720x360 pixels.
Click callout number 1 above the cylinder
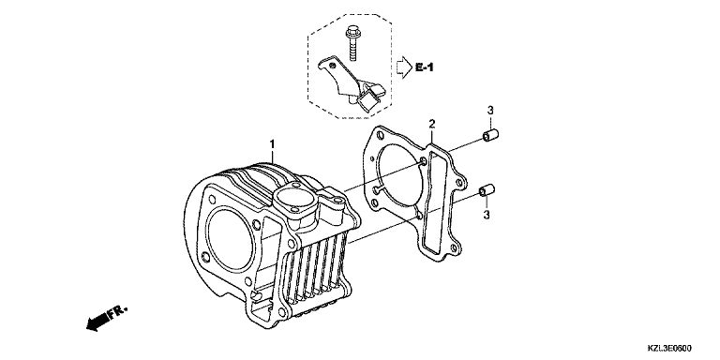[x=272, y=144]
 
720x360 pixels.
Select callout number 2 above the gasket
[x=431, y=124]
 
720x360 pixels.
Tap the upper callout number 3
[x=490, y=111]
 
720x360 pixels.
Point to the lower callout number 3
[x=487, y=215]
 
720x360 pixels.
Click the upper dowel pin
[x=490, y=135]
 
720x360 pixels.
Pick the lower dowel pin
[x=487, y=190]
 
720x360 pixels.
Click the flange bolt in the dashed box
[x=352, y=44]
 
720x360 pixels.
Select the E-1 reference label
[x=425, y=67]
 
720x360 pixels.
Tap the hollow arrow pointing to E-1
[x=404, y=67]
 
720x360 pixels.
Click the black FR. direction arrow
[x=97, y=322]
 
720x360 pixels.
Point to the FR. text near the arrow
[x=116, y=312]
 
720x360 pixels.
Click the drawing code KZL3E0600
[x=669, y=349]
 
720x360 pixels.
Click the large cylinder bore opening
[x=230, y=239]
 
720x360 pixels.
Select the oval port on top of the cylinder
[x=294, y=198]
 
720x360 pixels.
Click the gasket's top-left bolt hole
[x=380, y=136]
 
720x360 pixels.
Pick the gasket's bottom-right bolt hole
[x=454, y=248]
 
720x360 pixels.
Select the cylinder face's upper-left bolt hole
[x=212, y=200]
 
